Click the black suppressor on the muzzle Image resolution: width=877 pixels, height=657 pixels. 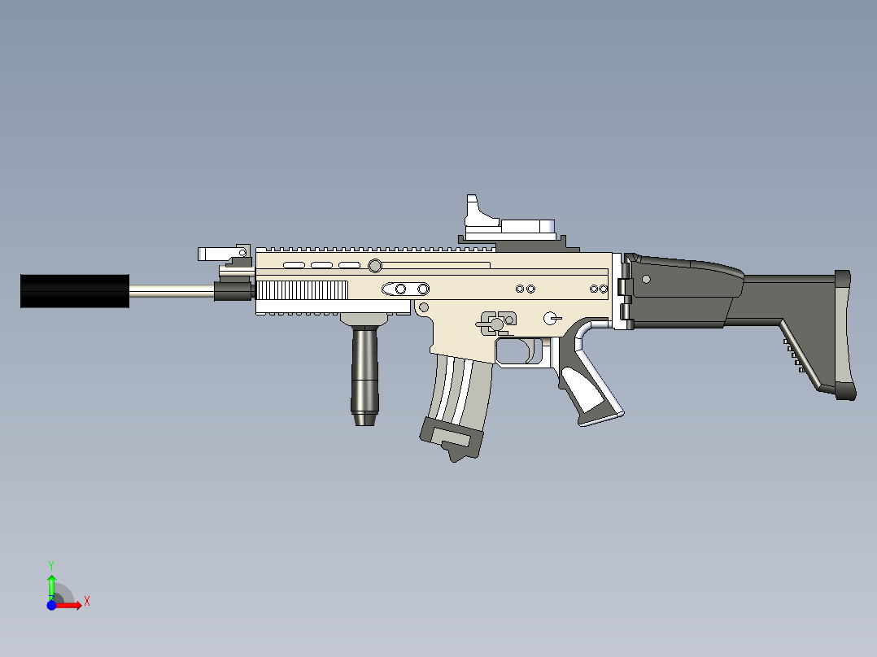pyautogui.click(x=74, y=291)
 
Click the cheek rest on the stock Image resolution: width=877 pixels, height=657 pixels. pyautogui.click(x=692, y=268)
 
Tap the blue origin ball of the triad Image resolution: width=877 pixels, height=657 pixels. pyautogui.click(x=51, y=605)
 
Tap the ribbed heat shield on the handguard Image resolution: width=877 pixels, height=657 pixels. pyautogui.click(x=303, y=291)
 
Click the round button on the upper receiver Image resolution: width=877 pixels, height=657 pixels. pyautogui.click(x=375, y=265)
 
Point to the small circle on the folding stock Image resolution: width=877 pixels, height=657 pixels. pyautogui.click(x=646, y=279)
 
